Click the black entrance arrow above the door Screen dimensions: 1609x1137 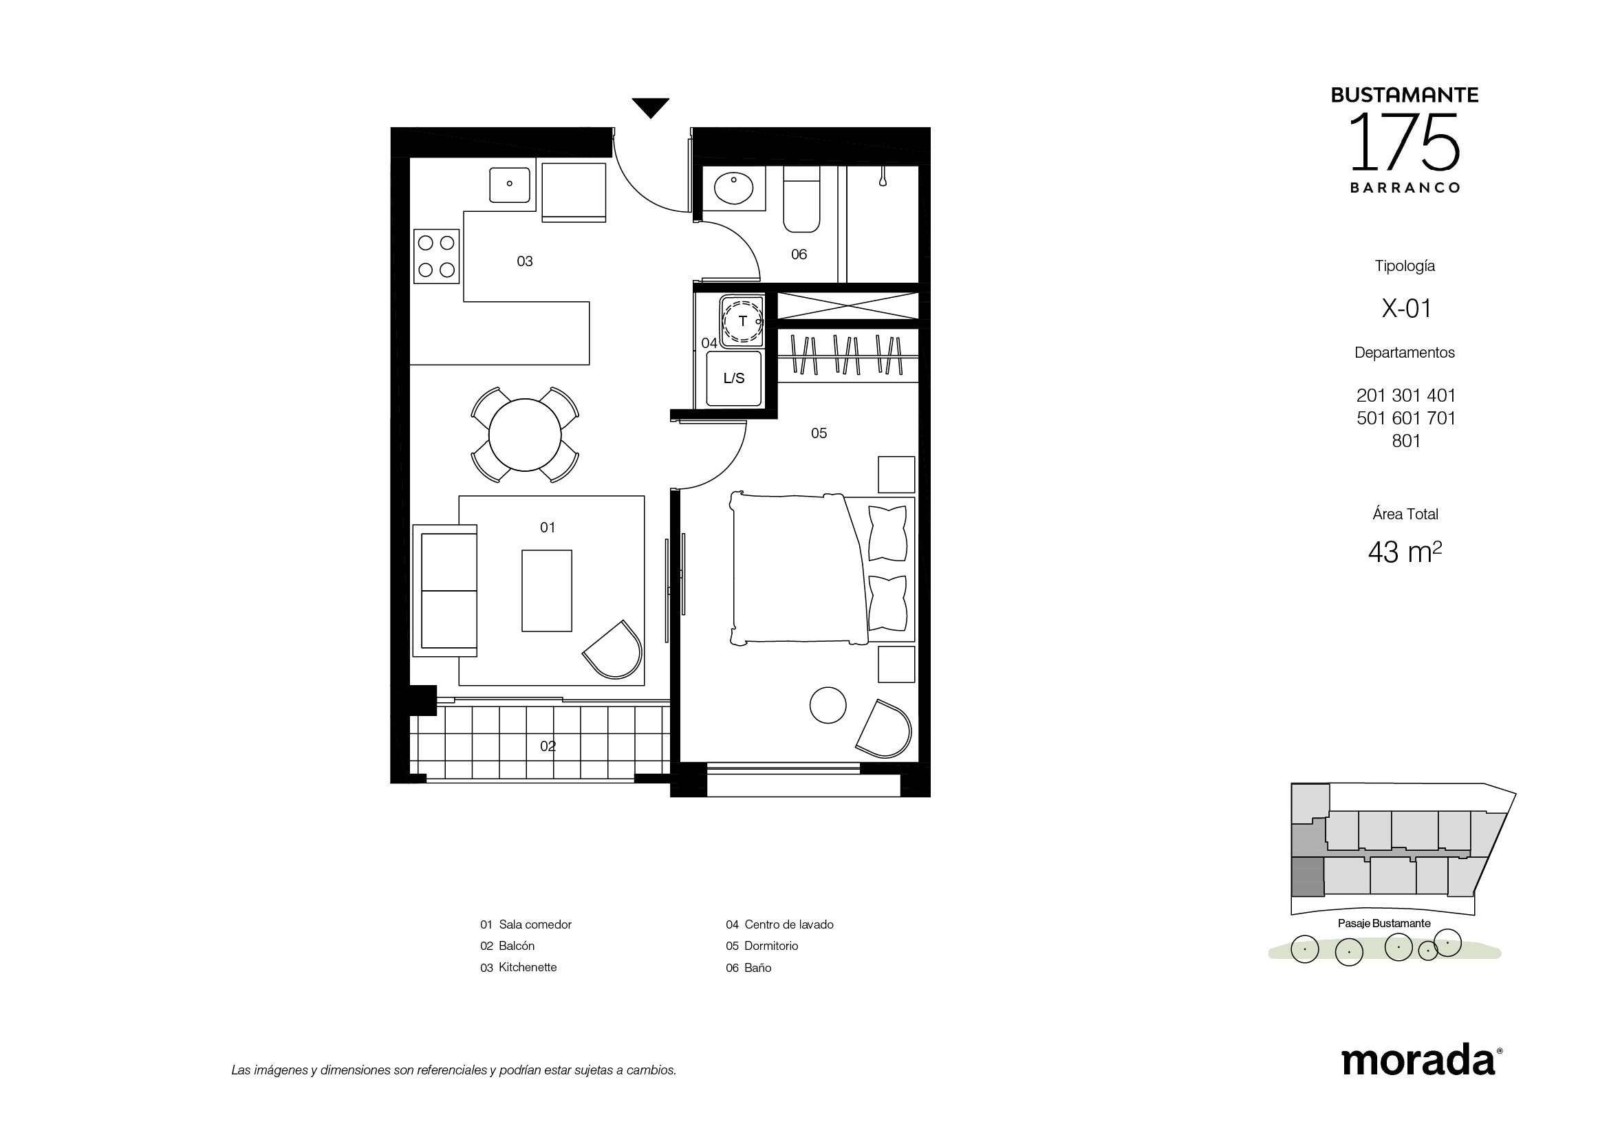pyautogui.click(x=650, y=107)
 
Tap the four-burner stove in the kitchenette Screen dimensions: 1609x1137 pyautogui.click(x=437, y=257)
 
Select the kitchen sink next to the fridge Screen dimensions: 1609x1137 pyautogui.click(x=510, y=184)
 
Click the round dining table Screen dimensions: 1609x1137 pyautogui.click(x=525, y=435)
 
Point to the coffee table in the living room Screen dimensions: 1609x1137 pyautogui.click(x=547, y=591)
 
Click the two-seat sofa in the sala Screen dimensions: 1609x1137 pyautogui.click(x=445, y=591)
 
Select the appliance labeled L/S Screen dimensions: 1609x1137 pyautogui.click(x=734, y=378)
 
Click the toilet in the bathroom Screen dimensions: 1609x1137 pyautogui.click(x=801, y=199)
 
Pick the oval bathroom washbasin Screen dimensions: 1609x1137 pyautogui.click(x=734, y=188)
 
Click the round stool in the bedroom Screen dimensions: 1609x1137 pyautogui.click(x=828, y=705)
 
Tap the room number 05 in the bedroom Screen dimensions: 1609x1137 pyautogui.click(x=819, y=433)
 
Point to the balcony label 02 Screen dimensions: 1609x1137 pyautogui.click(x=548, y=746)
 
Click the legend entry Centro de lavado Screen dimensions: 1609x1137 pyautogui.click(x=789, y=924)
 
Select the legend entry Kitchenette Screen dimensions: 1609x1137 pyautogui.click(x=528, y=968)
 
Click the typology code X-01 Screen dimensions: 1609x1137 pyautogui.click(x=1406, y=308)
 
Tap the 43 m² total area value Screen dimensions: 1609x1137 pyautogui.click(x=1405, y=552)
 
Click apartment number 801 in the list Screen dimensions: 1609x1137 pyautogui.click(x=1406, y=441)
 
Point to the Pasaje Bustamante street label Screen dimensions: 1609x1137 pyautogui.click(x=1384, y=923)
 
